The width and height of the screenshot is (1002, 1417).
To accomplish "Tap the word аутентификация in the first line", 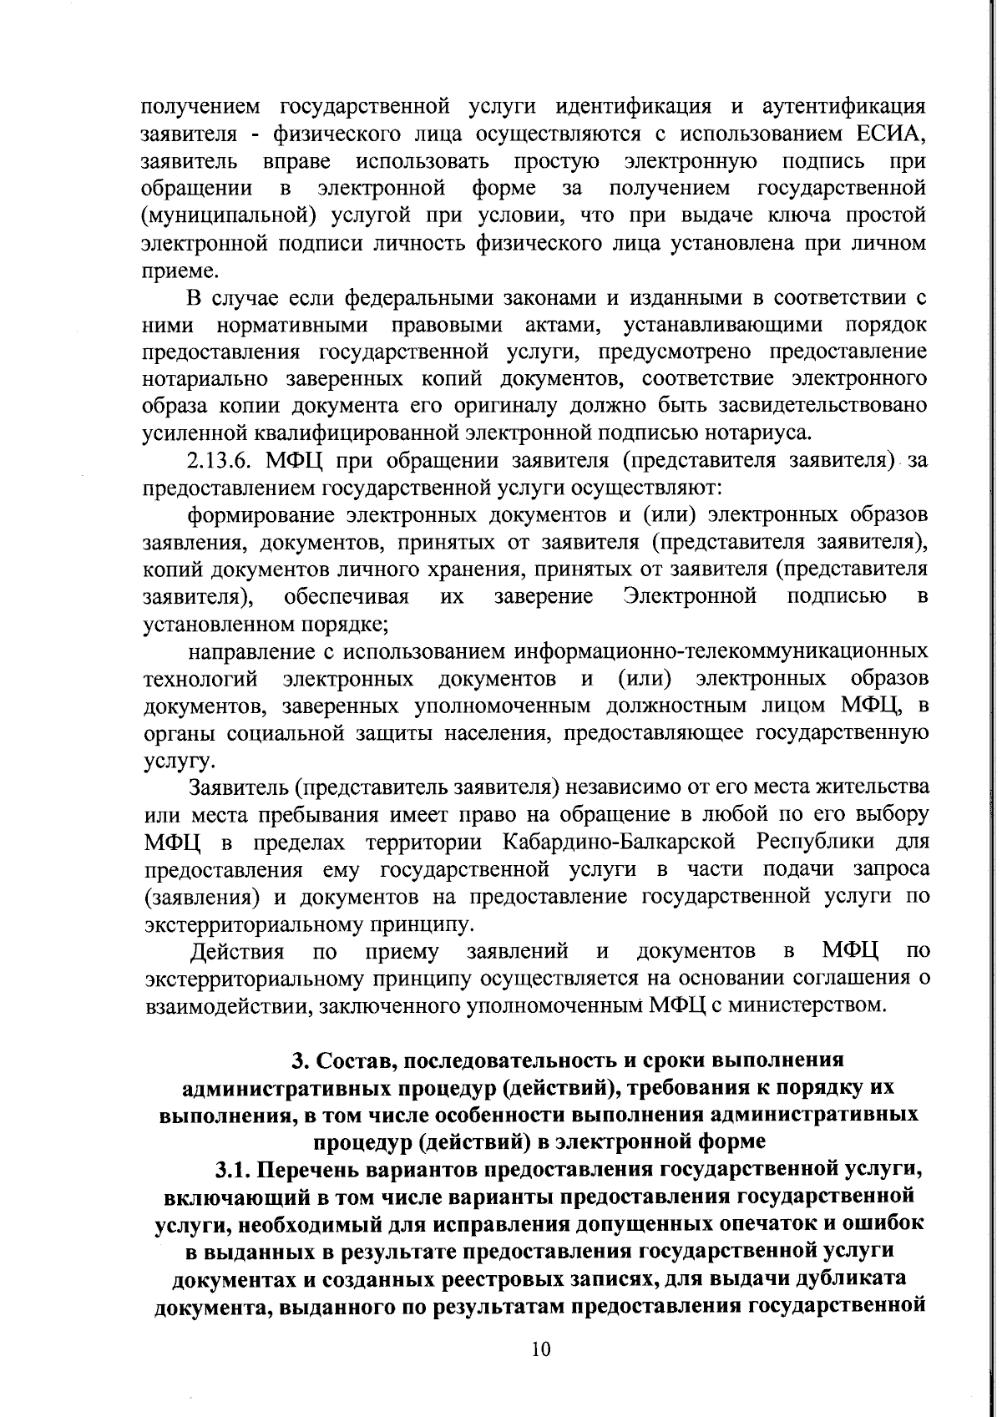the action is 843,107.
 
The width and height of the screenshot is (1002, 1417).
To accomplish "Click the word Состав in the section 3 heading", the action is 345,1060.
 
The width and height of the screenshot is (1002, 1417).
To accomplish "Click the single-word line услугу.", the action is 168,762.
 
